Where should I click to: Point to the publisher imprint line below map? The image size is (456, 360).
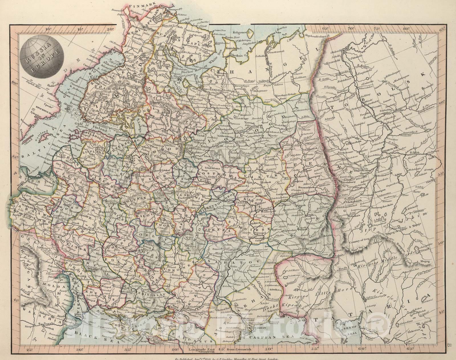(x=228, y=358)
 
